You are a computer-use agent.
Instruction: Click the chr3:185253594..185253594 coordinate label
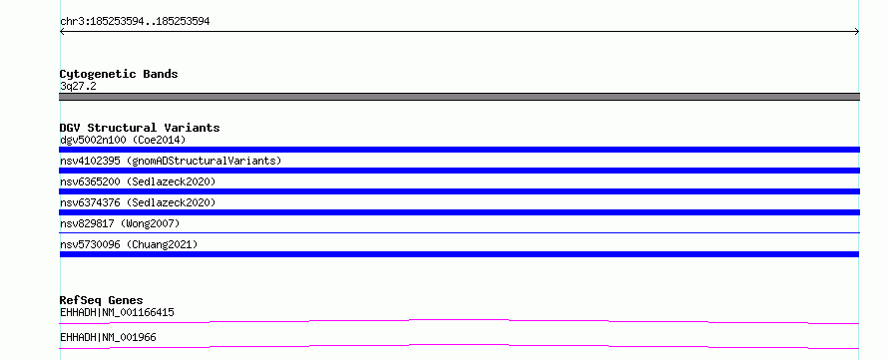click(x=135, y=22)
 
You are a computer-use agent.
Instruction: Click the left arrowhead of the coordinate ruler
click(x=62, y=32)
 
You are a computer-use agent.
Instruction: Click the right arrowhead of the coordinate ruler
click(x=857, y=32)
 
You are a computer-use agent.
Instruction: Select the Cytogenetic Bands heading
click(x=119, y=74)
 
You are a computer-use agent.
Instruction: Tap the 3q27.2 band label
click(x=78, y=86)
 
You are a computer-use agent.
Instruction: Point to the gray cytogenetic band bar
click(x=459, y=97)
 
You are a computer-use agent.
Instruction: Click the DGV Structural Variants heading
click(x=140, y=128)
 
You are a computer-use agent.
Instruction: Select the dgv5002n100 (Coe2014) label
click(x=123, y=140)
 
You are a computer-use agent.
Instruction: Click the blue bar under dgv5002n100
click(x=459, y=150)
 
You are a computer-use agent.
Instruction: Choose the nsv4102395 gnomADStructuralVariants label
click(x=171, y=161)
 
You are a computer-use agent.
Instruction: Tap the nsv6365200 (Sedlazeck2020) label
click(x=138, y=181)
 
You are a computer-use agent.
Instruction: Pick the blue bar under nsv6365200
click(x=459, y=191)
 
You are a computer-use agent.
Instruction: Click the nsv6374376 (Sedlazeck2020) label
click(x=138, y=202)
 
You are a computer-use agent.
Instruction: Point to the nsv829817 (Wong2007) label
click(x=120, y=223)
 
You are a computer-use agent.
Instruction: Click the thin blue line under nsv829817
click(x=459, y=232)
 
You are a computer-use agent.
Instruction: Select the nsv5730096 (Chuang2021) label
click(x=129, y=244)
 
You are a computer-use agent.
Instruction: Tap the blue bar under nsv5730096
click(x=459, y=254)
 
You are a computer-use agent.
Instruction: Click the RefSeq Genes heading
click(x=102, y=300)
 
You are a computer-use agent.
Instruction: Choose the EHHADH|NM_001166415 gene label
click(x=117, y=312)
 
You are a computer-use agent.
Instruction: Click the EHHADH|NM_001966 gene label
click(x=108, y=337)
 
